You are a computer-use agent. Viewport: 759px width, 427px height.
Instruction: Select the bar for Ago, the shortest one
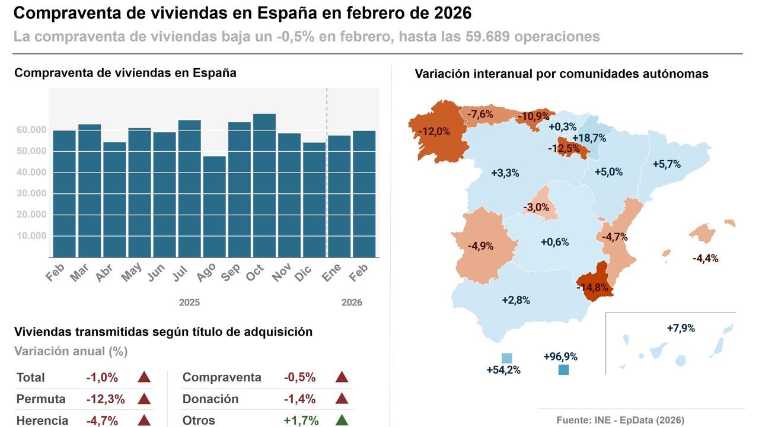click(214, 206)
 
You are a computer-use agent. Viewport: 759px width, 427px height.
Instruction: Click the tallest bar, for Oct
click(264, 185)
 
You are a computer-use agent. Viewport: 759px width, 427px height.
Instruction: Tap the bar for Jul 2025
click(189, 189)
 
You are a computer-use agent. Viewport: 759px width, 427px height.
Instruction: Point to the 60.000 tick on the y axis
click(31, 130)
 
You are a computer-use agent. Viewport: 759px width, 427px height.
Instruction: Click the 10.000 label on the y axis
click(31, 235)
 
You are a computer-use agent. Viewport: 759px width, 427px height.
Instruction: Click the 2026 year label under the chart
click(352, 302)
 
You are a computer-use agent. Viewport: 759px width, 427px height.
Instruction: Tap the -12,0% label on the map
click(434, 132)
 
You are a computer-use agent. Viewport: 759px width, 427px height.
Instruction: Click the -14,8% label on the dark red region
click(592, 288)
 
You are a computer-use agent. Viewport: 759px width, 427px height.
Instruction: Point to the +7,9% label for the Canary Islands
click(681, 328)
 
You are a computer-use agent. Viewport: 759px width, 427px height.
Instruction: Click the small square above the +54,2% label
click(506, 358)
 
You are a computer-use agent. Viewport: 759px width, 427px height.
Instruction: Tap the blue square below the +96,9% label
click(563, 370)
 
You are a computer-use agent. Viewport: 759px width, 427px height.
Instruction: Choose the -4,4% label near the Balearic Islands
click(705, 259)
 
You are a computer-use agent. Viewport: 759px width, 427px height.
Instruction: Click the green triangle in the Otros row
click(341, 420)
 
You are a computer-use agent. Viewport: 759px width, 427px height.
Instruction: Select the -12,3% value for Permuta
click(106, 399)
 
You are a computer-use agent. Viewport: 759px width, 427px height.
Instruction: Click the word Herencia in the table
click(43, 420)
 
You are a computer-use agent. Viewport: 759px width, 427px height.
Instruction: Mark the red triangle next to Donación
click(341, 399)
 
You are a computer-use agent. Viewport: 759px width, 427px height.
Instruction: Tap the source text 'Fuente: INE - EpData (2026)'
click(620, 420)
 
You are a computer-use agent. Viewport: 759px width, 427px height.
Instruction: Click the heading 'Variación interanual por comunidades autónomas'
click(562, 74)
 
